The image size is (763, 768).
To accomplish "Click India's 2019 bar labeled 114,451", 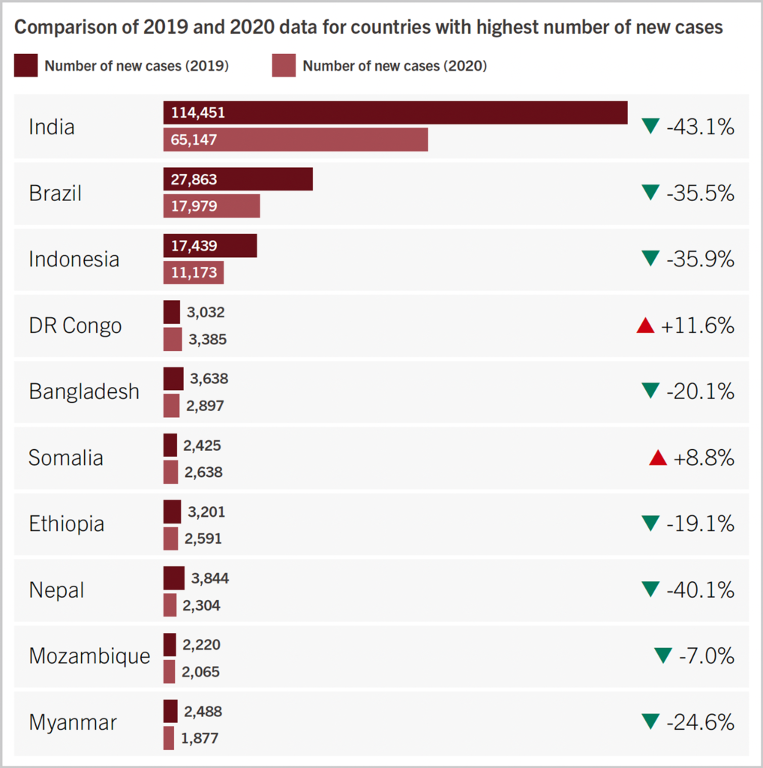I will (395, 112).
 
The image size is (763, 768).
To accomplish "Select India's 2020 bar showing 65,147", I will (296, 139).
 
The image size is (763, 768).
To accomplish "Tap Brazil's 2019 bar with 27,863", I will (238, 179).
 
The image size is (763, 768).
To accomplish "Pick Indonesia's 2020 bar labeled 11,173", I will (194, 272).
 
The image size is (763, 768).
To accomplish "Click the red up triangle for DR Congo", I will (645, 325).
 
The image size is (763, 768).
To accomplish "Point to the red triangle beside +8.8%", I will (658, 457).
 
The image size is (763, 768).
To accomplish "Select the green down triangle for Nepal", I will (650, 589).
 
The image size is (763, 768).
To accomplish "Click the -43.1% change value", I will (700, 127).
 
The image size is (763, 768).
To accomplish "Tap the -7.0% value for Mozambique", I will (706, 655).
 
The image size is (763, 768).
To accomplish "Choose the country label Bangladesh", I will (84, 391).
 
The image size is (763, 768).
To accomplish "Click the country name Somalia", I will (66, 457).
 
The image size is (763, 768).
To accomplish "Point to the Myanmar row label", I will (73, 722).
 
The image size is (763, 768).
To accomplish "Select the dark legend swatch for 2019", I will (26, 66).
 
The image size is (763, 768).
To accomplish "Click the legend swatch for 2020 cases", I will (284, 66).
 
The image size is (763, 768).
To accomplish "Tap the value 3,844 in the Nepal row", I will (210, 578).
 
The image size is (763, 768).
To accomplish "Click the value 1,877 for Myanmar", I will (200, 738).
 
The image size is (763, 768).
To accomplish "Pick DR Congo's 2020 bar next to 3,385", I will (173, 339).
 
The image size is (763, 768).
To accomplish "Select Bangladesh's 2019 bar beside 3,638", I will (173, 379).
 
